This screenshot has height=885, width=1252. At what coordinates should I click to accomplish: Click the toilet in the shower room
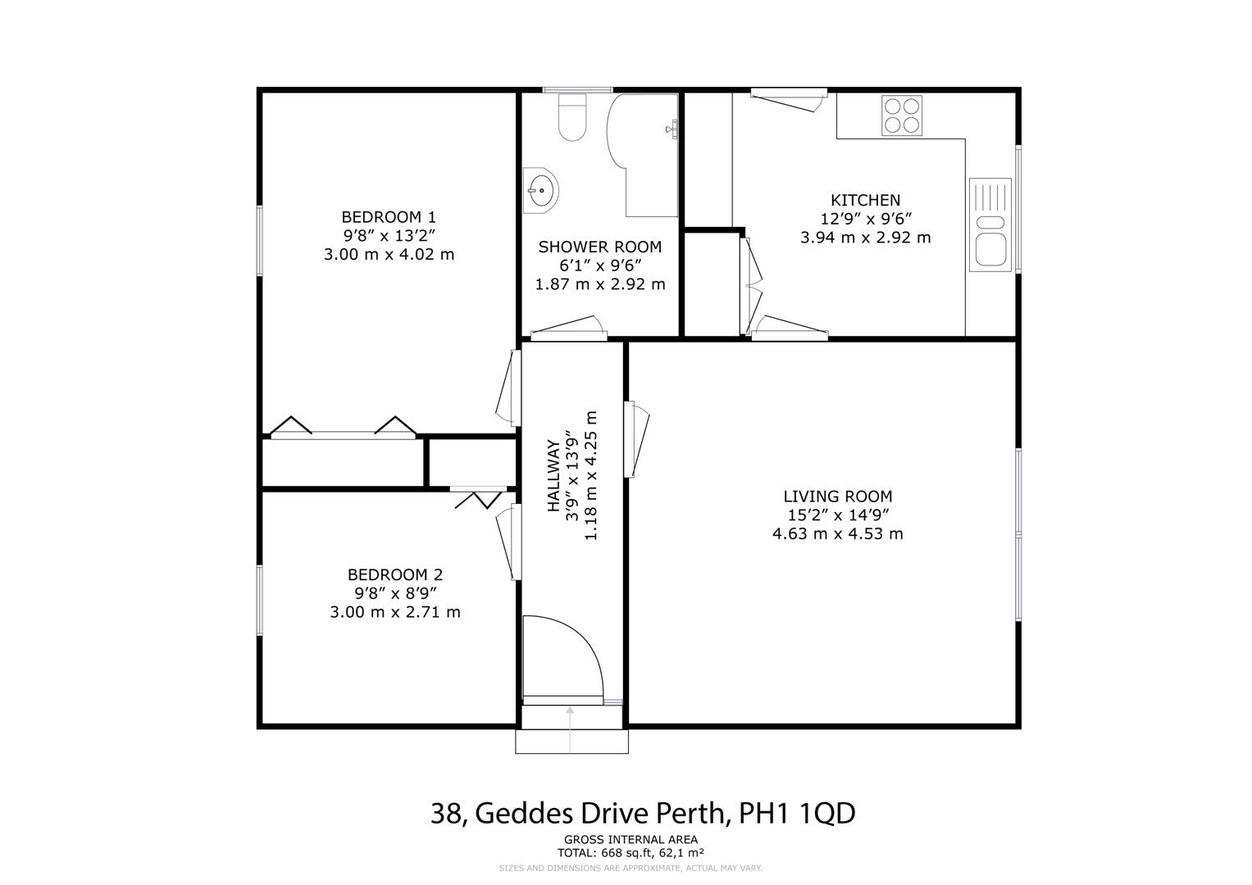pos(572,116)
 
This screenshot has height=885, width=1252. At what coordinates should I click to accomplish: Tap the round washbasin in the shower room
pos(541,191)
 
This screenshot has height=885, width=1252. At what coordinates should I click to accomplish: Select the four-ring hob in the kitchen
pos(902,116)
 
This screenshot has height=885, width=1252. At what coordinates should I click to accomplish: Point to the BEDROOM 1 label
pos(389,217)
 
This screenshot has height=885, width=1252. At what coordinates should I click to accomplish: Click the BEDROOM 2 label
pos(395,575)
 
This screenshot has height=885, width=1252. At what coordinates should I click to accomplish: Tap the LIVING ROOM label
pos(837,497)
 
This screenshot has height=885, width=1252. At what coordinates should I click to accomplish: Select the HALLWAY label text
pos(554,477)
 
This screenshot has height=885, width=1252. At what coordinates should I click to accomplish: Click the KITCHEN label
pos(865,200)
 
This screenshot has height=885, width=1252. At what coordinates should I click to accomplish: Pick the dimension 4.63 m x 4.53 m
pos(837,534)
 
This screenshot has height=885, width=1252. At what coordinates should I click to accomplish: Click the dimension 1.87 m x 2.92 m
pos(600,285)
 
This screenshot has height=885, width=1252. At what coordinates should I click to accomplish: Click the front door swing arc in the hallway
pos(566,656)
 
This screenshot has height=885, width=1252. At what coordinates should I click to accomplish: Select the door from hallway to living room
pos(636,438)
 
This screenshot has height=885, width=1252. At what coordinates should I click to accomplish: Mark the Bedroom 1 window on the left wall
pos(260,239)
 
